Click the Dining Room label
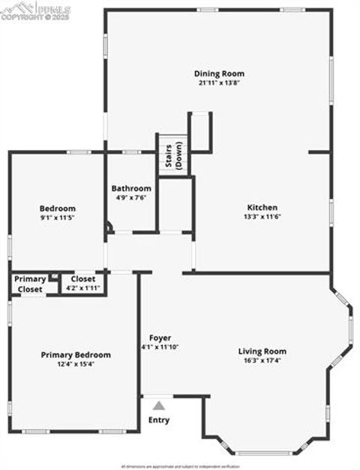219,74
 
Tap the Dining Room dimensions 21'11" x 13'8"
219,83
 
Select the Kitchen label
262,207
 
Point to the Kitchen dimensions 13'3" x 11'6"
262,216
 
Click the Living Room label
262,351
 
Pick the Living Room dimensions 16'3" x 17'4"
262,360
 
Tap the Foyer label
160,337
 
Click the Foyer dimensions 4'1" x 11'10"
160,347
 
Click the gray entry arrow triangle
158,405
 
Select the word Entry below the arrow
159,420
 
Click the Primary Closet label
30,283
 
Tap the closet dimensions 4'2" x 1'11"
82,288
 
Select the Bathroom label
131,188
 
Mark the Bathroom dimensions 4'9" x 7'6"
131,197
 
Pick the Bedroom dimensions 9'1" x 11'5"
58,217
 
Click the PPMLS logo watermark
35,10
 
